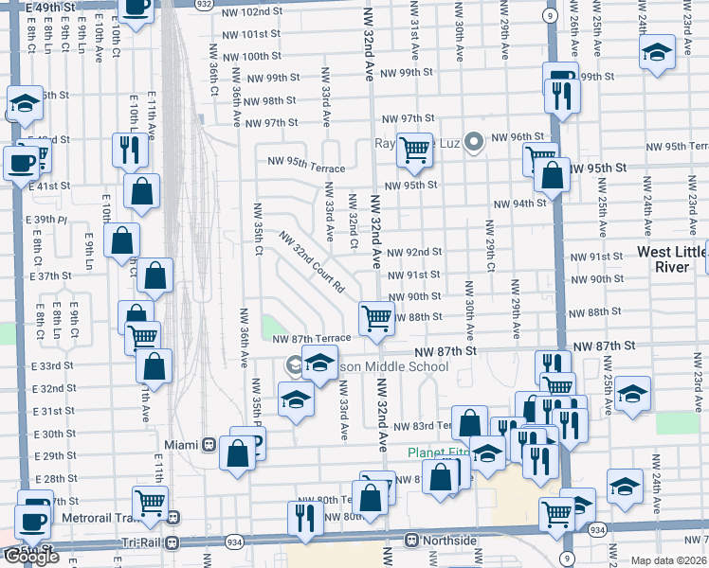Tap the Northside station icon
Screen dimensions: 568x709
410,540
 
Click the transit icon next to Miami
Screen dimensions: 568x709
209,445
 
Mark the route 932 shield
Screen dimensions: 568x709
204,5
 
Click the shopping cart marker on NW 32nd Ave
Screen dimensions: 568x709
376,318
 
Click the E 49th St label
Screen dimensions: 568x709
49,7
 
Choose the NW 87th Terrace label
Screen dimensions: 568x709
312,339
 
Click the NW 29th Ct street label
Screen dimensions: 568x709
490,246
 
